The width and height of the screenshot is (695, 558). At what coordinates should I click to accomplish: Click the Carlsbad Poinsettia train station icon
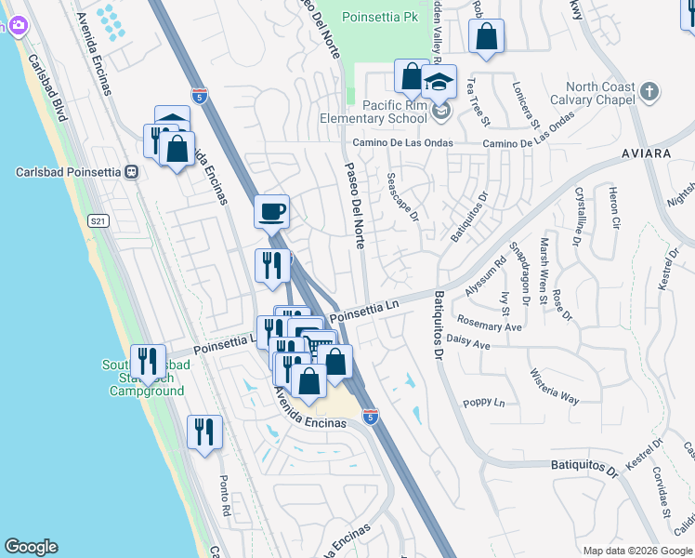[x=133, y=172]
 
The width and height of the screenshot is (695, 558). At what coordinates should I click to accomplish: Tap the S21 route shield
[x=98, y=220]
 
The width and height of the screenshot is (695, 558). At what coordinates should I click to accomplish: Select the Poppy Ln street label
[x=483, y=403]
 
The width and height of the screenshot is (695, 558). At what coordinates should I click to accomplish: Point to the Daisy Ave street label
[x=468, y=344]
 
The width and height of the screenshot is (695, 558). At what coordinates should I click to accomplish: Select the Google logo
[x=31, y=547]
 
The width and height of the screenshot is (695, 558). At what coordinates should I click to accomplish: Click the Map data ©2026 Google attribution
[x=636, y=551]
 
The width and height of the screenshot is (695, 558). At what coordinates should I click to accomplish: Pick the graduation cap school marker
[x=439, y=81]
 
